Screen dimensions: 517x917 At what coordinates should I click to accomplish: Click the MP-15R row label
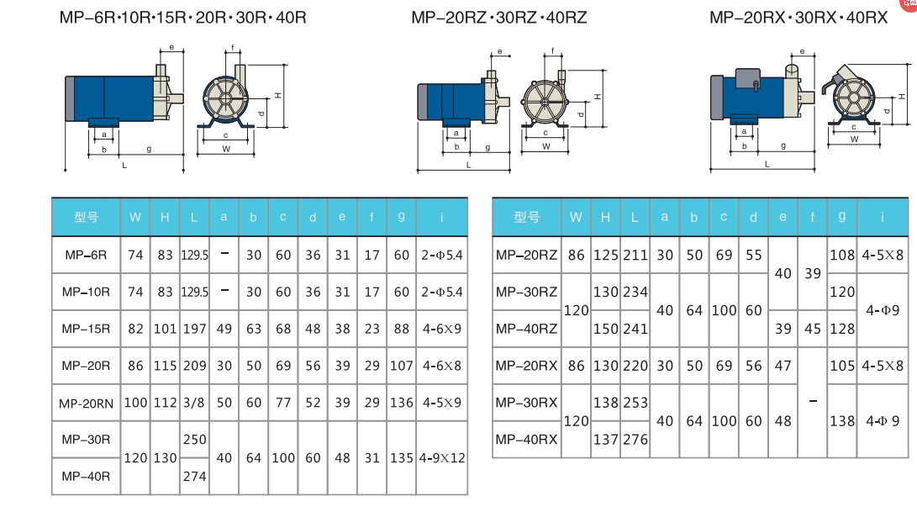tap(86, 329)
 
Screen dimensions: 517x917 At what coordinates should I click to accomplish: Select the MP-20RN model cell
tap(86, 403)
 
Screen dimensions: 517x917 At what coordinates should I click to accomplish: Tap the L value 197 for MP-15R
tap(194, 329)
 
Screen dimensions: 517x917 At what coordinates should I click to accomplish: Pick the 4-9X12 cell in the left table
tap(441, 458)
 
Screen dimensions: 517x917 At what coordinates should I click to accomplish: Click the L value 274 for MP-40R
tap(194, 476)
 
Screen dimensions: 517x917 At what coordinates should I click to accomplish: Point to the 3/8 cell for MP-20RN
tap(194, 403)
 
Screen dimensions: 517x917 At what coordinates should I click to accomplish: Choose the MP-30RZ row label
tap(526, 292)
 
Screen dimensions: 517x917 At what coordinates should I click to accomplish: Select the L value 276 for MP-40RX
tap(635, 439)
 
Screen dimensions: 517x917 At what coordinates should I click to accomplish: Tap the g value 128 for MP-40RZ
tap(841, 329)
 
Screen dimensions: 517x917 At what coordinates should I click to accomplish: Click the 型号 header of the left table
tap(86, 217)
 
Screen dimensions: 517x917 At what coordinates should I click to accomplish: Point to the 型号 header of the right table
tap(526, 218)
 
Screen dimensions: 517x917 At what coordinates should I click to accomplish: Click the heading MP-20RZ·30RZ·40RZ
tap(499, 17)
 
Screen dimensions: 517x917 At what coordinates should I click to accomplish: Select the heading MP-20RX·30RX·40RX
tap(798, 17)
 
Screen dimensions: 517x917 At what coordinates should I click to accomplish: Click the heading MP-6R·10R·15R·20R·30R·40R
tap(182, 17)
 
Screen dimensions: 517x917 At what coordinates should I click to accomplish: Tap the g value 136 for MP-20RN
tap(402, 403)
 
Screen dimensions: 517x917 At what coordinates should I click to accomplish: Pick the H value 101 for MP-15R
tap(165, 329)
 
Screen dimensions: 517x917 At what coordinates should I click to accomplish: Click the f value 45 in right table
tap(813, 329)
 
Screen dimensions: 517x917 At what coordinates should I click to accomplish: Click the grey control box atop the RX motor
tap(746, 78)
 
